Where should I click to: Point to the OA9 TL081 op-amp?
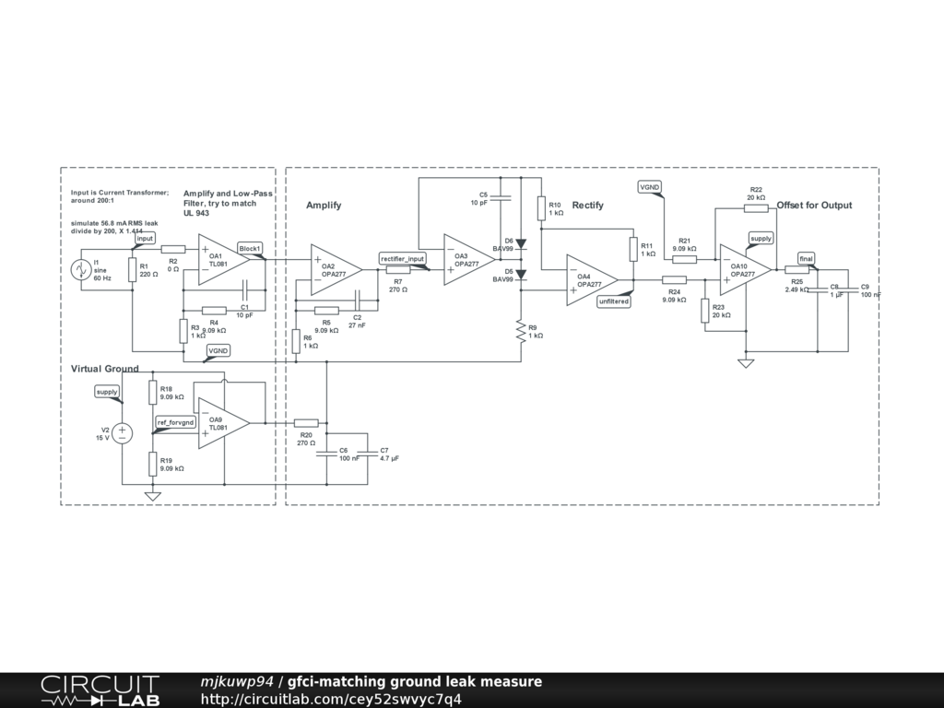pyautogui.click(x=221, y=423)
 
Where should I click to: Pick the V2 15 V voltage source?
pyautogui.click(x=123, y=432)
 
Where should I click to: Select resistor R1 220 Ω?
pyautogui.click(x=133, y=270)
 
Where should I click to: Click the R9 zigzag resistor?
pyautogui.click(x=521, y=330)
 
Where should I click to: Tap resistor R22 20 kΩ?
pyautogui.click(x=755, y=208)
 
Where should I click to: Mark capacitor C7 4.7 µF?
pyautogui.click(x=368, y=454)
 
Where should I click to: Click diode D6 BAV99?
pyautogui.click(x=521, y=244)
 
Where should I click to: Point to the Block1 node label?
pyautogui.click(x=250, y=248)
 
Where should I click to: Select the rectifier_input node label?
pyautogui.click(x=402, y=258)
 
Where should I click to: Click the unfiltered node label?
pyautogui.click(x=614, y=301)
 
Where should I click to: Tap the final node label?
pyautogui.click(x=807, y=258)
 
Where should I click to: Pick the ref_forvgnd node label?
pyautogui.click(x=175, y=422)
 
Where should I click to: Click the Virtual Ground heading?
pyautogui.click(x=105, y=369)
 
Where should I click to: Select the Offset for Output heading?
pyautogui.click(x=814, y=205)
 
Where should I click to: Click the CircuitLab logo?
pyautogui.click(x=100, y=690)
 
